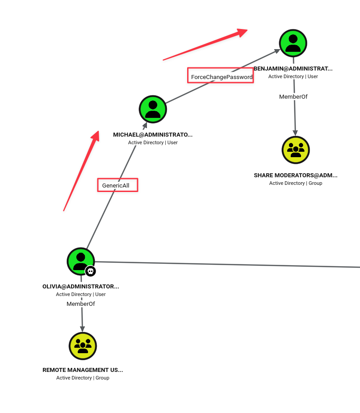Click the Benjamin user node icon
click(x=293, y=43)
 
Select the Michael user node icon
click(x=153, y=109)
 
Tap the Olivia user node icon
click(x=81, y=261)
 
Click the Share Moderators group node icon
click(x=296, y=150)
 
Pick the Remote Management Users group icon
click(x=83, y=346)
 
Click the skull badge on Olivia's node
click(x=90, y=271)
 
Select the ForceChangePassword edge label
click(x=222, y=77)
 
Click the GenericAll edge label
click(x=116, y=185)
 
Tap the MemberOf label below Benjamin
click(x=293, y=97)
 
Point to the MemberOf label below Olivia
click(x=81, y=304)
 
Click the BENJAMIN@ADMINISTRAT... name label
click(x=293, y=69)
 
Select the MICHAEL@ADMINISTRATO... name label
click(x=153, y=134)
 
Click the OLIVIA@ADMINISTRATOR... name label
click(x=81, y=287)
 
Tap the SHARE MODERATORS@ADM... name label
click(x=296, y=175)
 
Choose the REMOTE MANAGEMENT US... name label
click(x=83, y=370)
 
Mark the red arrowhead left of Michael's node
click(x=96, y=136)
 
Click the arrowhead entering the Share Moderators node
click(x=295, y=133)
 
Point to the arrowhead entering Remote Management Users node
click(x=82, y=329)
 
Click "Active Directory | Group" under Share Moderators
click(x=296, y=183)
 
